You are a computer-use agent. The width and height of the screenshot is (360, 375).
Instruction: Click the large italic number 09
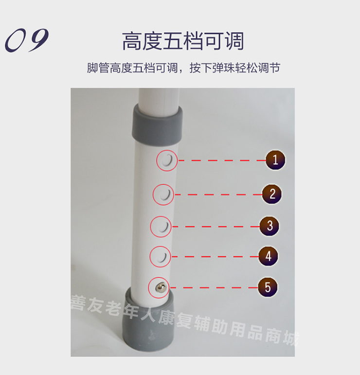(x=27, y=40)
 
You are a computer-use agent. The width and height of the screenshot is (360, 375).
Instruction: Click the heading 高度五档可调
(x=183, y=41)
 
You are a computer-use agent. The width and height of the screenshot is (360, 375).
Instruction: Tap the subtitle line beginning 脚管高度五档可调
(x=183, y=68)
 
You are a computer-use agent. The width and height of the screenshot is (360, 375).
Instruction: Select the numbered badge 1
(x=275, y=160)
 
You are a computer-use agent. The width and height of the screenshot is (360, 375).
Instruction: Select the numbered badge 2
(x=272, y=194)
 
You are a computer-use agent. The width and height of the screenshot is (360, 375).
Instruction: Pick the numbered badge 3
(x=270, y=226)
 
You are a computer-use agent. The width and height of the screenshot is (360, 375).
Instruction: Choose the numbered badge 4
(x=268, y=256)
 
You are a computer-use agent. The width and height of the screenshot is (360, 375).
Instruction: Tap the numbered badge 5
(x=268, y=287)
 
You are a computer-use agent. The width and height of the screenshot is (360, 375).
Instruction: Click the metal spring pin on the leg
(x=160, y=287)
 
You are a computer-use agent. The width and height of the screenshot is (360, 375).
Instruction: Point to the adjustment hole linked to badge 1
(x=166, y=160)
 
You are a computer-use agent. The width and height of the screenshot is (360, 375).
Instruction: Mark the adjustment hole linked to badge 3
(x=162, y=227)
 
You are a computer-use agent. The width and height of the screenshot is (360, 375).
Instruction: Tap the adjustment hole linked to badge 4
(x=162, y=257)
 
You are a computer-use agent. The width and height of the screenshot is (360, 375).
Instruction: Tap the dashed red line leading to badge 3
(x=216, y=227)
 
